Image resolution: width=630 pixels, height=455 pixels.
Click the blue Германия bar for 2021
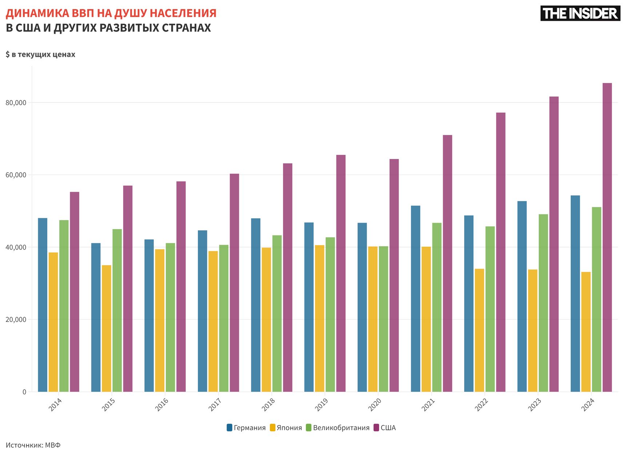coord(415,299)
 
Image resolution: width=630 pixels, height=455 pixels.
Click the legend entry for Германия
coord(246,428)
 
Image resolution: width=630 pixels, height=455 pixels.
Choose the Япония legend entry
coord(286,428)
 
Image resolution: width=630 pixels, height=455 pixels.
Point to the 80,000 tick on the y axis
coord(16,103)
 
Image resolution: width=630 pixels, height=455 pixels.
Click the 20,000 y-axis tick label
coord(16,320)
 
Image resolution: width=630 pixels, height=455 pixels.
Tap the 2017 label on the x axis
coord(215,404)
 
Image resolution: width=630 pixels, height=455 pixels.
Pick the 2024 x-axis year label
coord(587,404)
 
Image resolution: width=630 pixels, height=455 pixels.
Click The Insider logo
coord(580,13)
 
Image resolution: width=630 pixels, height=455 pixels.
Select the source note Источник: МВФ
coord(33,445)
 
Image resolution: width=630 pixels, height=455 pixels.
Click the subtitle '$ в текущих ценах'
coord(40,55)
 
